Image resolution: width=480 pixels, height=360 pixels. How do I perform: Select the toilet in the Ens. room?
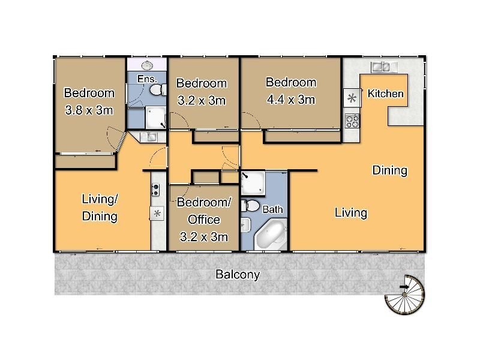click(x=157, y=90)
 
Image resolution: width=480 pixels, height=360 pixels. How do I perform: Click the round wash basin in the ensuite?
click(x=148, y=65)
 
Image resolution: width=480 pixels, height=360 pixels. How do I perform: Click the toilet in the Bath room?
click(x=251, y=207)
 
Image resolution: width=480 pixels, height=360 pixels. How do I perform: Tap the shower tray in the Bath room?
click(x=251, y=184)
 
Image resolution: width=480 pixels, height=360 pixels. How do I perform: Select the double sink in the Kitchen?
click(x=382, y=66)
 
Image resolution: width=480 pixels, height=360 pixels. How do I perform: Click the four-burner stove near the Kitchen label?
click(x=352, y=121)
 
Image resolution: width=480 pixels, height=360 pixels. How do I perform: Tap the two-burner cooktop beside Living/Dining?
click(x=156, y=190)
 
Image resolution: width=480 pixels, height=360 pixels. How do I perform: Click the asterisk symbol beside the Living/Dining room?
click(x=157, y=214)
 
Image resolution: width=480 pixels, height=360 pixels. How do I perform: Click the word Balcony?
click(x=238, y=275)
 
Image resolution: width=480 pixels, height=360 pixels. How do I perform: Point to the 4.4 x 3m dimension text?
click(x=290, y=100)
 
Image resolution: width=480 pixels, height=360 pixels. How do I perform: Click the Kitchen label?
click(x=385, y=94)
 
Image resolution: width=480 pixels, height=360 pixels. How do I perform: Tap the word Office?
click(x=204, y=220)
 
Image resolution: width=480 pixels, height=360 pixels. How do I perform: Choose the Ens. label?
click(x=146, y=79)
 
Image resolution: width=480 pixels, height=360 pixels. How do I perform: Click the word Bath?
click(x=272, y=210)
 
